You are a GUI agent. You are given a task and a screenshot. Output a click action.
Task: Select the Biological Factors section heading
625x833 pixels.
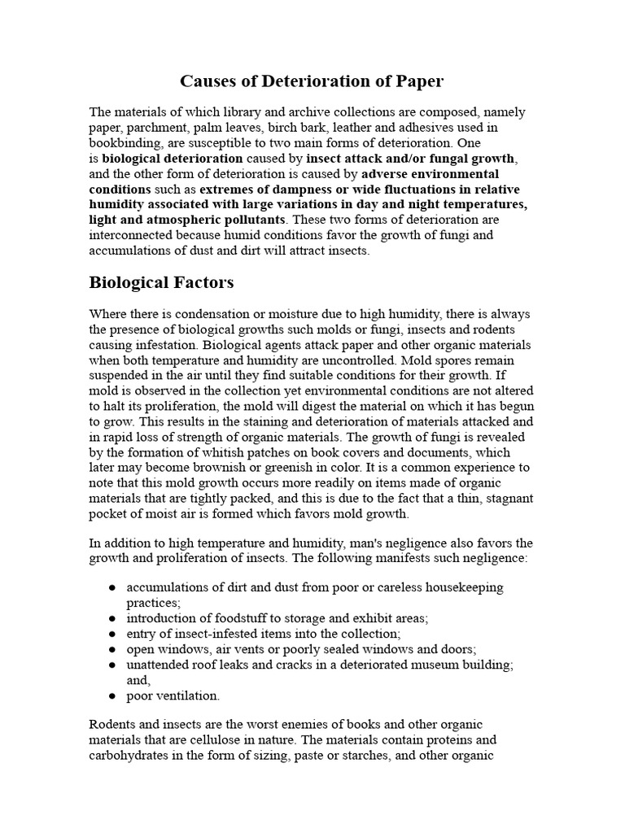[x=160, y=282]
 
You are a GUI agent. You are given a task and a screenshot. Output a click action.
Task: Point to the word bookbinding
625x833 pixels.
[x=124, y=143]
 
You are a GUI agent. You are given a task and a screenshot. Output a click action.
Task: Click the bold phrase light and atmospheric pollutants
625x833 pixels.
[x=186, y=220]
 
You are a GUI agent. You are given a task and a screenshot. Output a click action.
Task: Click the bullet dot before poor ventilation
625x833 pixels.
[x=110, y=696]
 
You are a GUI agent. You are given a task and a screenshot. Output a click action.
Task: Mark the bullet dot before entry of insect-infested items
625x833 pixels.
[x=110, y=634]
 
